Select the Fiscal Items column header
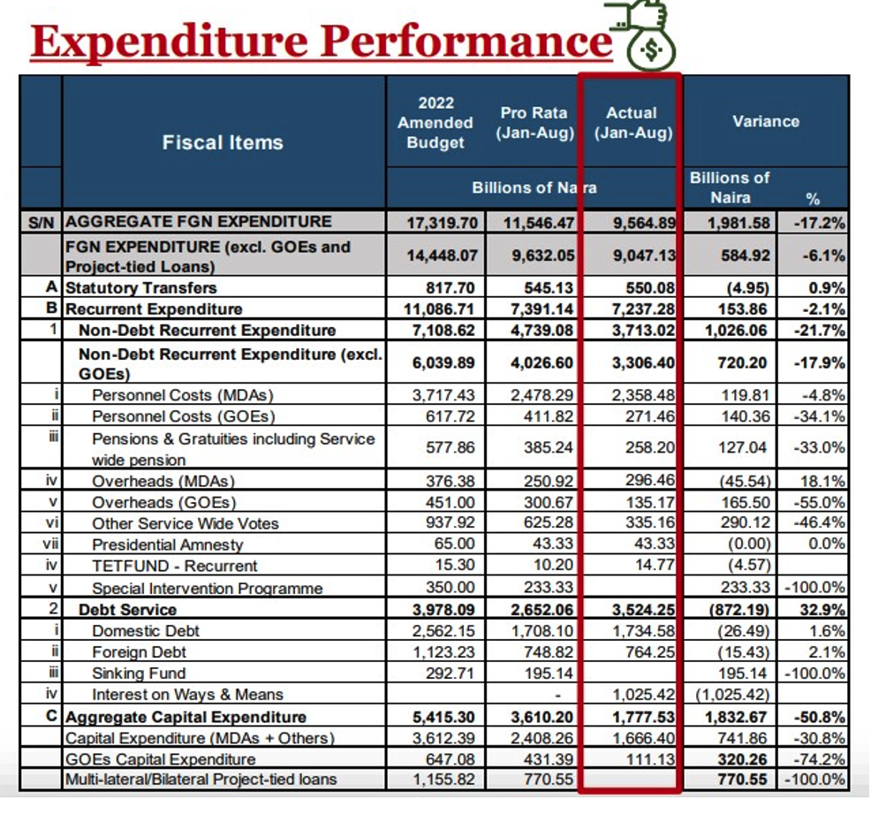[223, 142]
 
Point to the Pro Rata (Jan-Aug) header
[534, 123]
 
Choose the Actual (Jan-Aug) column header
[632, 123]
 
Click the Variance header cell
[766, 121]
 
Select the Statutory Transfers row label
[141, 287]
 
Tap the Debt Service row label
[127, 609]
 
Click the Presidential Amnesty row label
[167, 545]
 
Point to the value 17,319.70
[439, 221]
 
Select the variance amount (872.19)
[738, 609]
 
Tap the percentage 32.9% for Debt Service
[824, 609]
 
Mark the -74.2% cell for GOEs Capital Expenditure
[822, 758]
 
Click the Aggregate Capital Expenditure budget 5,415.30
[439, 717]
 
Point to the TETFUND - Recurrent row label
[174, 566]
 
